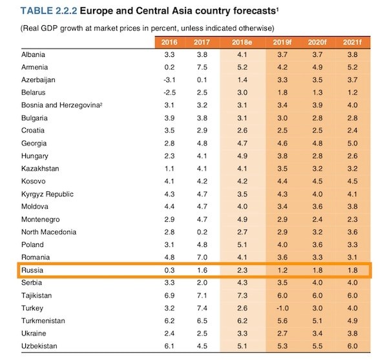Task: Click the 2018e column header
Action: pos(242,43)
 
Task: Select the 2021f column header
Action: pos(352,43)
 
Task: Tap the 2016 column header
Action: pos(169,43)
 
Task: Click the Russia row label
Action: pos(32,270)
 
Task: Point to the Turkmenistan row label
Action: pos(43,321)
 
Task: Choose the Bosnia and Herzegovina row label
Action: pos(62,105)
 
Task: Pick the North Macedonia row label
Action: pos(48,232)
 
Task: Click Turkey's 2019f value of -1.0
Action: pos(282,308)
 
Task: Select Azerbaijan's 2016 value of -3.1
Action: pos(169,79)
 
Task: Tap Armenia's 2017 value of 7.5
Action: pos(202,67)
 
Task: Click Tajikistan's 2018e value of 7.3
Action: pos(242,295)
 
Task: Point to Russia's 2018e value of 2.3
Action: pos(242,270)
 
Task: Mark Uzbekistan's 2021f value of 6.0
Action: pos(352,346)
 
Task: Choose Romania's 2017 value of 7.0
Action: pos(202,257)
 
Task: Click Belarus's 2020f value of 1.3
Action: pos(317,92)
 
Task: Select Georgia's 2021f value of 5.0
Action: pos(352,143)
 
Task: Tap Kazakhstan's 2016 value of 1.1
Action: pos(169,169)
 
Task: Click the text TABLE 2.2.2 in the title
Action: pos(48,11)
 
